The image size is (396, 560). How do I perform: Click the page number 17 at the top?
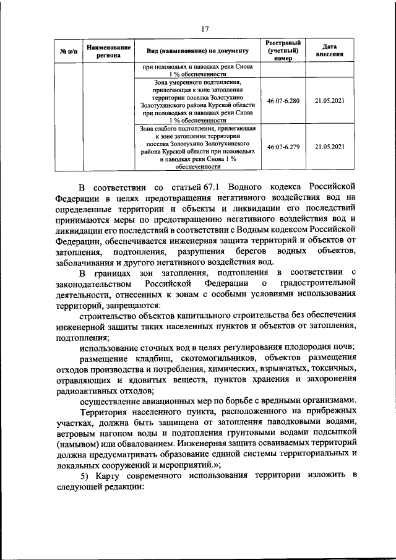pyautogui.click(x=205, y=28)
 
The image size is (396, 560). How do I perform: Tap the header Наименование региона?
pyautogui.click(x=109, y=50)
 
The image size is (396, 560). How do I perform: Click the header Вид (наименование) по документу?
pyautogui.click(x=197, y=50)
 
